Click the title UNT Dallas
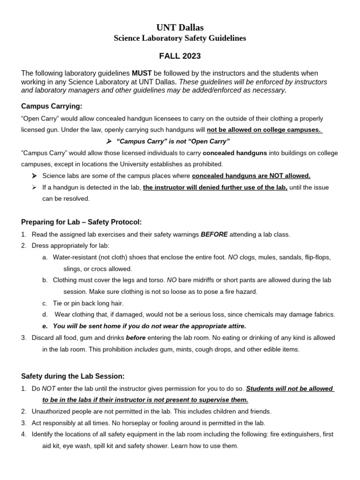(x=180, y=28)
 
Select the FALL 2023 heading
(x=180, y=56)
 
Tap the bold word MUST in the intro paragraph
(x=142, y=74)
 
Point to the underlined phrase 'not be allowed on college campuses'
(x=264, y=130)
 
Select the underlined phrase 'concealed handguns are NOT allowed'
(x=251, y=176)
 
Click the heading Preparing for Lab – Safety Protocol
(x=81, y=222)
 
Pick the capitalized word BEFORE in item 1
(x=214, y=234)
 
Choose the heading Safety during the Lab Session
(x=73, y=376)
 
